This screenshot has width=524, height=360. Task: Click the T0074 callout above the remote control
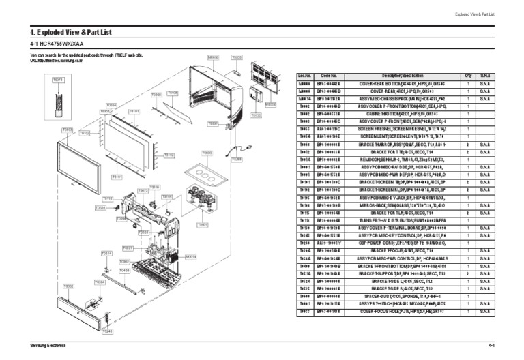tap(58, 80)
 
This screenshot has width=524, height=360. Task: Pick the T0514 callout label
tap(107, 253)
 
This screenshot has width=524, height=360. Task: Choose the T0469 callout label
tap(125, 270)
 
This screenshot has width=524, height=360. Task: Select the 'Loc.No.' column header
tap(305, 75)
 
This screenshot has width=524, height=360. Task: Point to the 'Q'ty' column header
tap(468, 75)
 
